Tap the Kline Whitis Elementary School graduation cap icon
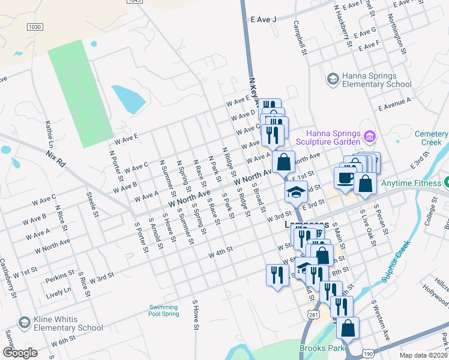point(25,323)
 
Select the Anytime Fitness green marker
point(447,182)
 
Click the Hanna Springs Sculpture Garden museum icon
point(370,137)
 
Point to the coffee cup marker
point(345,178)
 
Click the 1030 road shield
point(35,26)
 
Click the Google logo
point(20,353)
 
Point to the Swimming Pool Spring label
point(164,310)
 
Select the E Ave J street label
point(264,20)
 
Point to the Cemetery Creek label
point(427,138)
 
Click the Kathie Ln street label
point(50,135)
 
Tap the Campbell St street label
point(300,38)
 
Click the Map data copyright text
point(423,355)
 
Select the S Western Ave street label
point(381,321)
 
